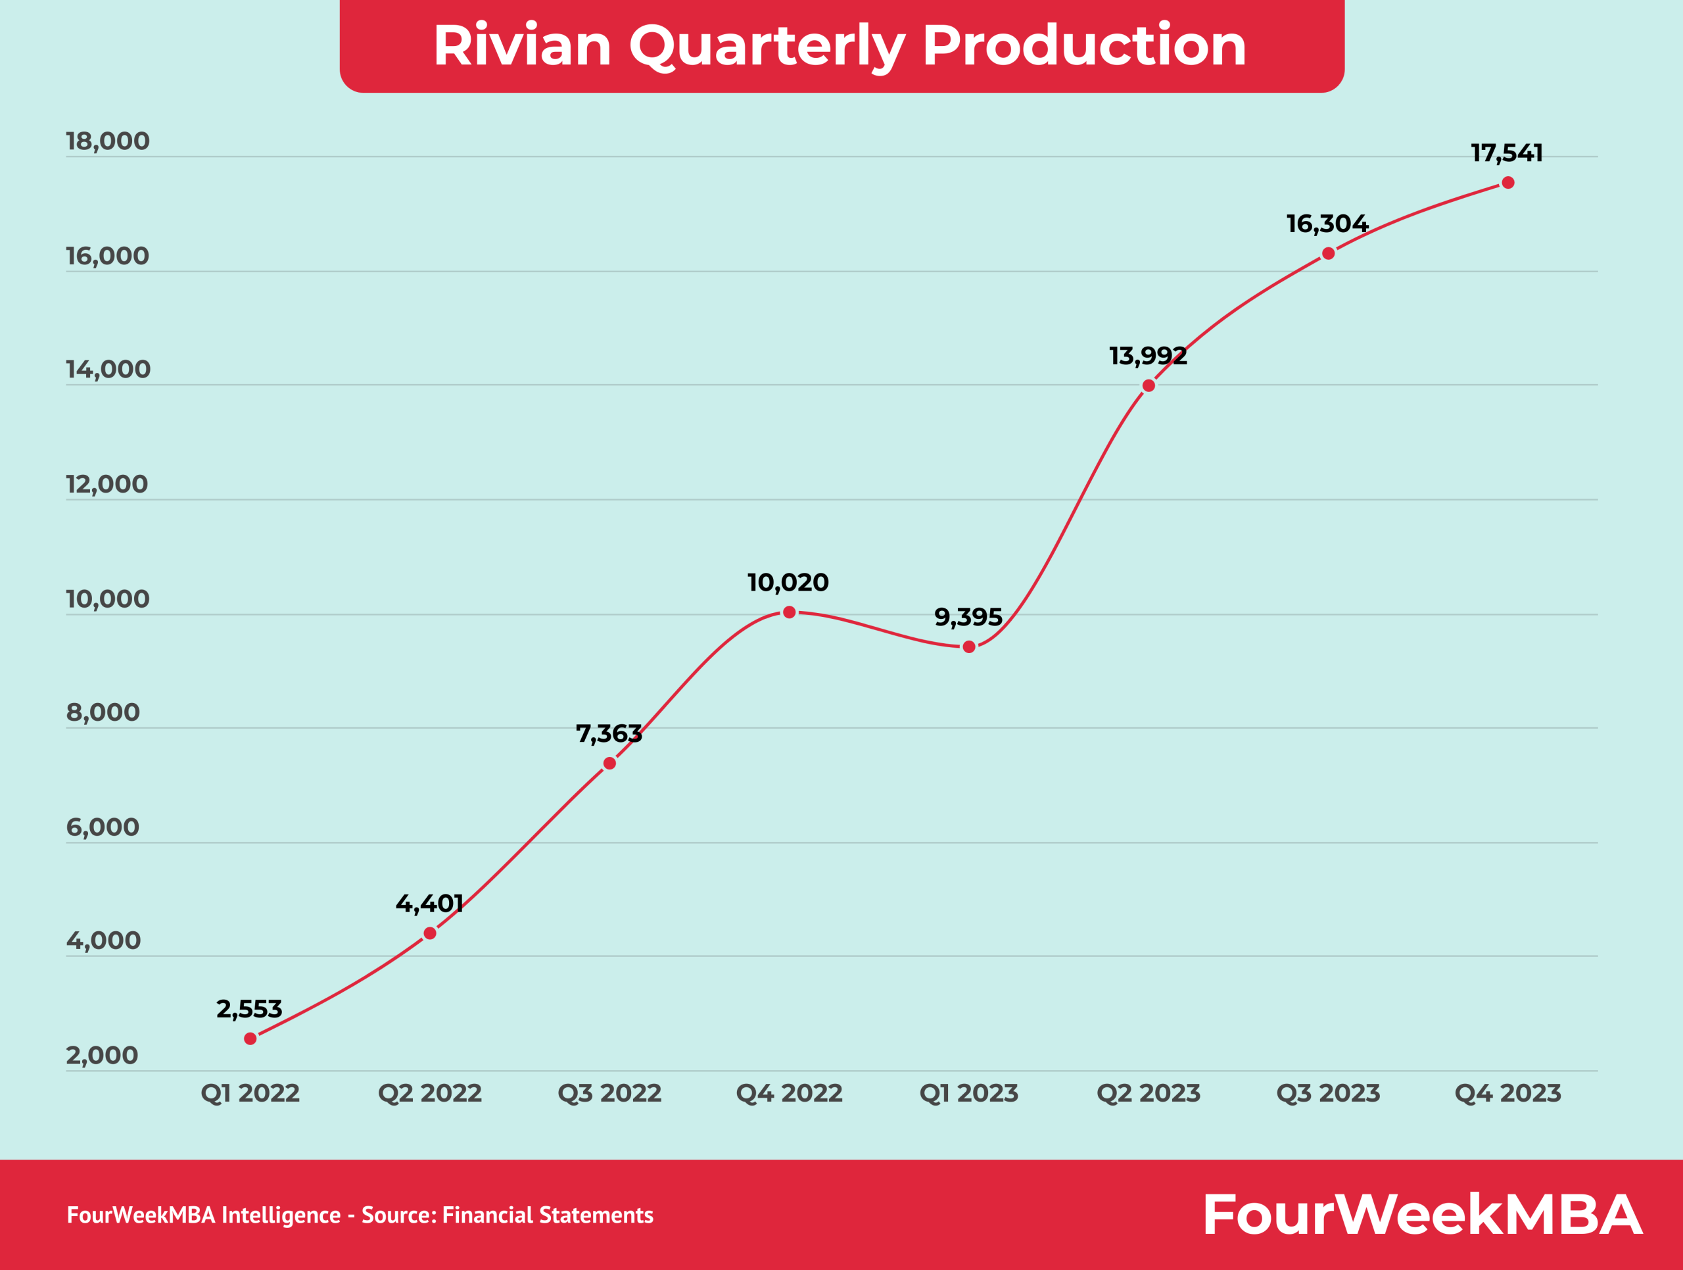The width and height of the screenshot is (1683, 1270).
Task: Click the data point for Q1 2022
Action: [250, 1038]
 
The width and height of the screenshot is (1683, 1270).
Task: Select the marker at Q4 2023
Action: [1508, 183]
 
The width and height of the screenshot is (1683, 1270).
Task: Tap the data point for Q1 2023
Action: [968, 647]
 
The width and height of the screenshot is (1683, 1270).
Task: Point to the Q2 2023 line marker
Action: [1149, 386]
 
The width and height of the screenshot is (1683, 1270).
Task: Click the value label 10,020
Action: [788, 583]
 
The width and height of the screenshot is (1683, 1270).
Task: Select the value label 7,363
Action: [609, 733]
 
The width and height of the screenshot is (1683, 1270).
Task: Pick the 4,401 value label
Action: [429, 903]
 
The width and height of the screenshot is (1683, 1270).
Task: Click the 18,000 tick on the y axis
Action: [107, 141]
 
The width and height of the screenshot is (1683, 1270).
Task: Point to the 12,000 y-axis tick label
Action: [107, 484]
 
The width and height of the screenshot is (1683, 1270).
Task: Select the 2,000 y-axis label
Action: [102, 1056]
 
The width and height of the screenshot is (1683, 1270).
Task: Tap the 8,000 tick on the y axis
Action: [103, 712]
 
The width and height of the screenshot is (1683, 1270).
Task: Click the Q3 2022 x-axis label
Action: [609, 1094]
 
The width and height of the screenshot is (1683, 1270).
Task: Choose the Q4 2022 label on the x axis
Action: [789, 1094]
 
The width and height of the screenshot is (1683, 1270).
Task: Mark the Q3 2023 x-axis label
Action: [1328, 1094]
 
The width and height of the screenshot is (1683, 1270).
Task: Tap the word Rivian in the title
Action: [522, 45]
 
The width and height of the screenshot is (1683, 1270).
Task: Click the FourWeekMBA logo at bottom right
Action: [1421, 1215]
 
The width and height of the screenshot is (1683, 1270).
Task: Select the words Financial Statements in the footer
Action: [547, 1215]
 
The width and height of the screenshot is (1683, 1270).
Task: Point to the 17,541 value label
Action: [1507, 153]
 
